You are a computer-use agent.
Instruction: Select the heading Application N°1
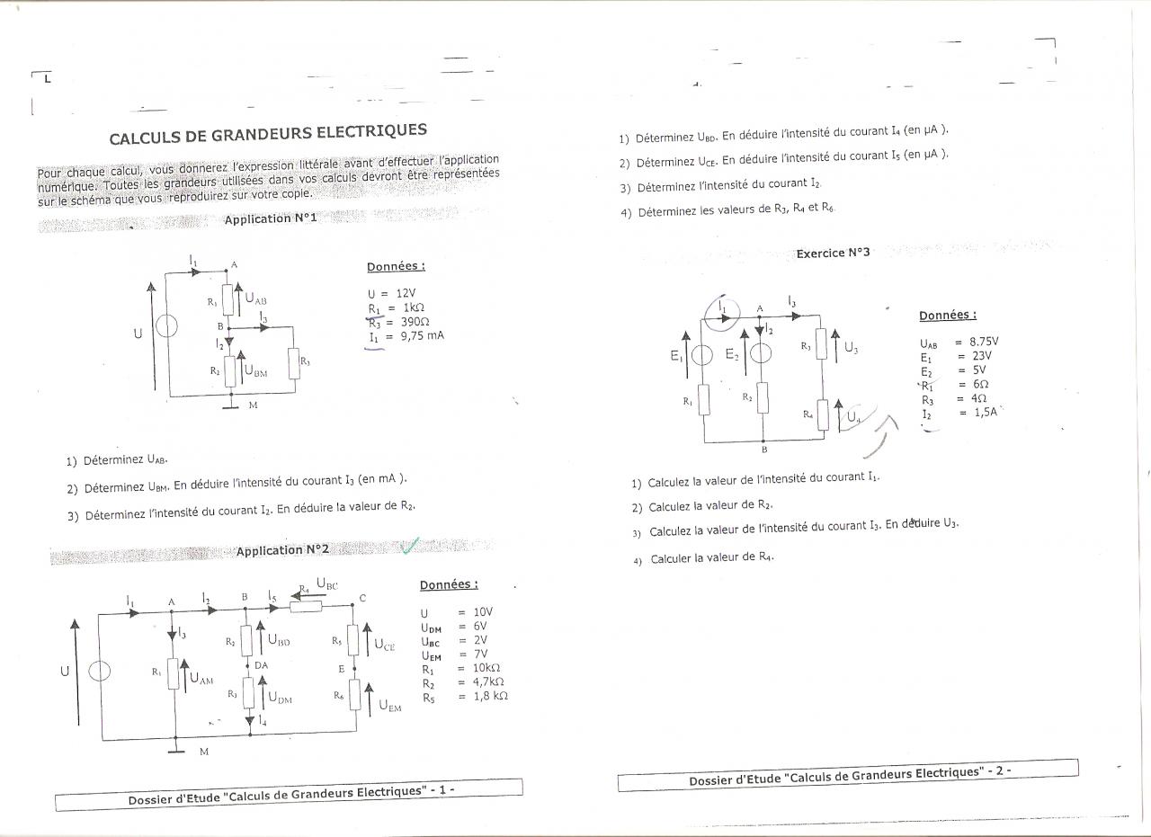pyautogui.click(x=271, y=218)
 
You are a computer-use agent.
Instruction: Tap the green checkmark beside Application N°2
pyautogui.click(x=411, y=545)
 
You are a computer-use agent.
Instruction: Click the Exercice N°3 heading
pyautogui.click(x=833, y=253)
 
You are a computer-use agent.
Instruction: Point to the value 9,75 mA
pyautogui.click(x=422, y=335)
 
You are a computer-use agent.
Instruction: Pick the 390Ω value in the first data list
pyautogui.click(x=415, y=321)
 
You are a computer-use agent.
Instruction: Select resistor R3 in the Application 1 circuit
pyautogui.click(x=294, y=362)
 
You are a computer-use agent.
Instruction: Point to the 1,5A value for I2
pyautogui.click(x=978, y=412)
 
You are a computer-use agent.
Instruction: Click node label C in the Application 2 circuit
pyautogui.click(x=362, y=598)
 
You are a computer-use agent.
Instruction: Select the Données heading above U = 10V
pyautogui.click(x=449, y=584)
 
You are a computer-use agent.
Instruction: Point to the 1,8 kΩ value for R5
pyautogui.click(x=491, y=695)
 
